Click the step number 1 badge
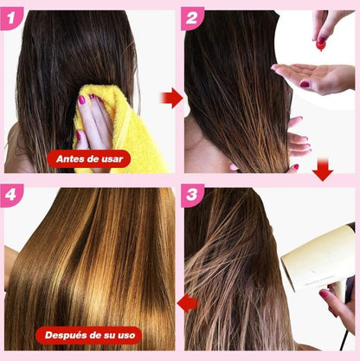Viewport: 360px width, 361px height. click(x=11, y=19)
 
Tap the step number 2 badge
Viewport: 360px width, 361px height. click(x=192, y=19)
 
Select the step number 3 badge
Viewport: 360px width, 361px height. click(x=192, y=196)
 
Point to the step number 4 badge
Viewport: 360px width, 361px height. click(x=11, y=196)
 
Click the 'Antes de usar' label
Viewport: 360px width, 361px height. click(x=89, y=158)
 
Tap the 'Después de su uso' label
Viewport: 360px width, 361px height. click(x=89, y=335)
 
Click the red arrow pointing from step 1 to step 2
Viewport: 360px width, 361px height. click(x=171, y=98)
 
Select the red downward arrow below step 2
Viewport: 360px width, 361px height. click(x=323, y=170)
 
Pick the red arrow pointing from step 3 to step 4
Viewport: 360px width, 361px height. click(x=188, y=303)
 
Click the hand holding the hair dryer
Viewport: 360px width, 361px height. click(x=339, y=303)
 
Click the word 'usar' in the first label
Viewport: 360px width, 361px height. click(x=112, y=159)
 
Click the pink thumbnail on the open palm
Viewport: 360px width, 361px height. click(x=305, y=84)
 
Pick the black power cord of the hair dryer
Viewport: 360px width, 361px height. click(x=344, y=340)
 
